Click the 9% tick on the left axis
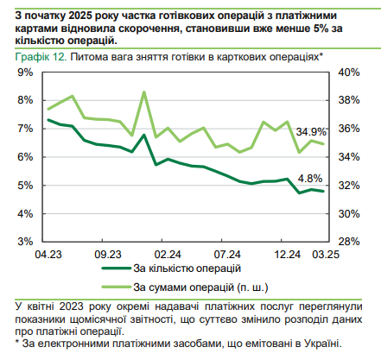(23, 73)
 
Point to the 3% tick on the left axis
(23, 242)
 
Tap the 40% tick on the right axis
(351, 73)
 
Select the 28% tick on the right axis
(351, 242)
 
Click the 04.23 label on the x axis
(48, 256)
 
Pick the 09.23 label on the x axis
(107, 256)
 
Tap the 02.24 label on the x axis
(167, 256)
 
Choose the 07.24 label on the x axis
(226, 256)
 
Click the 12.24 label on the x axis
(286, 256)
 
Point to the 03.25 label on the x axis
(324, 256)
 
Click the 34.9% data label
(311, 132)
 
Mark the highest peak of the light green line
(143, 92)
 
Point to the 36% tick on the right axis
(351, 129)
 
